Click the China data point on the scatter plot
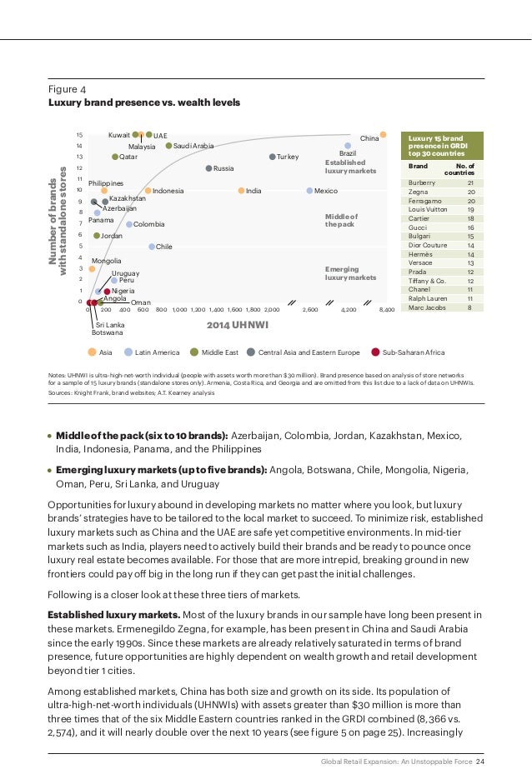tap(383, 134)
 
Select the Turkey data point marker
tap(273, 157)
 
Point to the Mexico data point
tap(309, 191)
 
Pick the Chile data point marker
tap(152, 247)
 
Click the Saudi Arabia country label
tap(193, 146)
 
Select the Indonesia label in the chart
tap(168, 191)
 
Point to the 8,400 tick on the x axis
tap(386, 309)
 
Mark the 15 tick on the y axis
tap(79, 134)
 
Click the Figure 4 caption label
tap(68, 89)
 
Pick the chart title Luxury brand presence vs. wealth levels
tap(143, 102)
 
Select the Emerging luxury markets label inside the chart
tap(350, 273)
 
